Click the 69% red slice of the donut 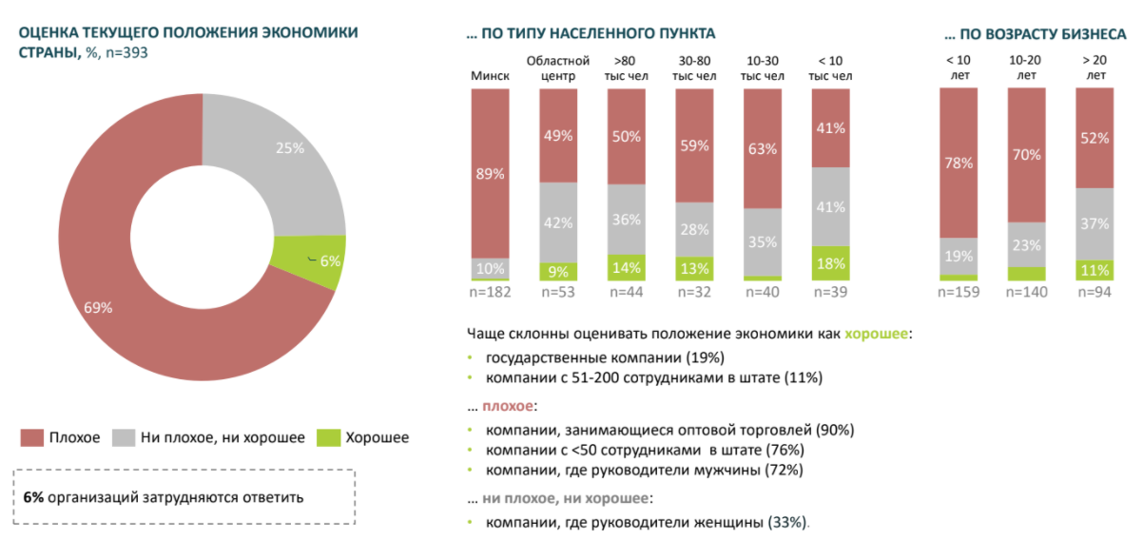click(105, 304)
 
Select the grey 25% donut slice click(290, 152)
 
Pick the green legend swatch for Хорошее click(327, 438)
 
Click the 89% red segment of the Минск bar click(490, 173)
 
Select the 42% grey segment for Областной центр click(558, 222)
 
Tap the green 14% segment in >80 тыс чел click(627, 267)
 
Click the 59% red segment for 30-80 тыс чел click(694, 145)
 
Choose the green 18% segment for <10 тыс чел click(830, 263)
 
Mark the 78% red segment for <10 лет click(958, 163)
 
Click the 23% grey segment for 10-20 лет click(1026, 244)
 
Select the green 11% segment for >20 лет click(1095, 270)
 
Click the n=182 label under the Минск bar click(490, 292)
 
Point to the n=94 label click(1095, 292)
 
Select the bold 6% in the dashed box click(32, 497)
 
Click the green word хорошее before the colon click(877, 334)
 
